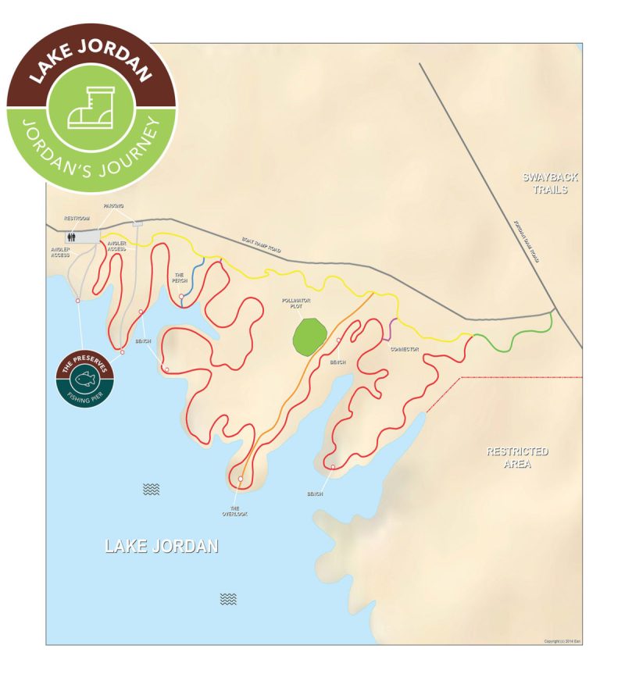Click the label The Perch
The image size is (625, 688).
coord(179,276)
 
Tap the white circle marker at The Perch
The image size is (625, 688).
coord(181,297)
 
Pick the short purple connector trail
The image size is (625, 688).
coord(388,330)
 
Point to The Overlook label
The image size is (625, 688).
coord(234,510)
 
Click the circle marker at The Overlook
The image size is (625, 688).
coord(241,479)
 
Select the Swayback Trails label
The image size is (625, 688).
coord(545,184)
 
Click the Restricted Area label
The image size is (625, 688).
coord(517,458)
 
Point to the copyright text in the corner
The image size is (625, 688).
coord(562,641)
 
